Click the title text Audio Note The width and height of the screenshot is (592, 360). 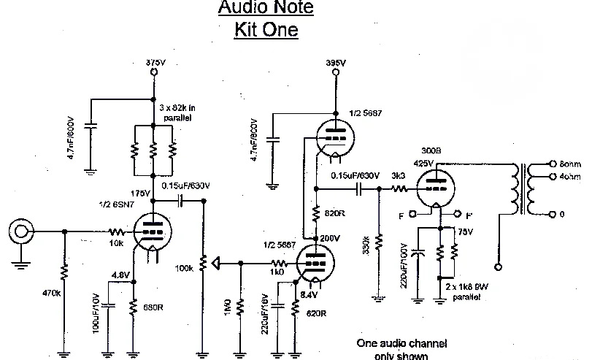[x=266, y=9]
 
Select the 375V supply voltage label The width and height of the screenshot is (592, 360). [x=154, y=64]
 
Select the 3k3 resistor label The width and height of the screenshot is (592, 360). [x=399, y=176]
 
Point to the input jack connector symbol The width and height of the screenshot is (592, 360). [x=19, y=232]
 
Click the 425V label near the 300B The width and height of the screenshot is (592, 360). [x=423, y=163]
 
